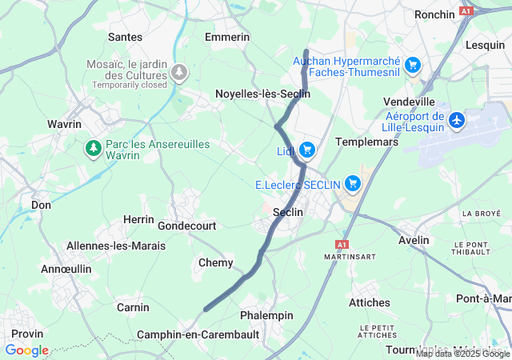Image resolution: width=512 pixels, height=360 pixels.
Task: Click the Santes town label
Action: (x=125, y=37)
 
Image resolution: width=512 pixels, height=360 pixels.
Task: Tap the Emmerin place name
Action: (x=227, y=37)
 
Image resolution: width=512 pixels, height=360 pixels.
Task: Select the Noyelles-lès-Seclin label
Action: (x=262, y=94)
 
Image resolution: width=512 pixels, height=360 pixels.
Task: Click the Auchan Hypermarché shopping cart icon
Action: (x=413, y=65)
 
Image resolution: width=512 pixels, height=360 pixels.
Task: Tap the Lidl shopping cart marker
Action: (x=307, y=150)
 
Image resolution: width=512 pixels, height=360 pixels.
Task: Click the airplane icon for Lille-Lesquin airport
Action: (x=457, y=120)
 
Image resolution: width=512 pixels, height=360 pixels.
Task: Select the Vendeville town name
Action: (x=409, y=102)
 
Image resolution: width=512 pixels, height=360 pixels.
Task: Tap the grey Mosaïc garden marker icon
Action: (x=180, y=73)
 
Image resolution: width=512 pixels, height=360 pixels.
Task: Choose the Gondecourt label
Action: (x=187, y=226)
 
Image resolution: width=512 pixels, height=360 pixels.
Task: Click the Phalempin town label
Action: (x=267, y=315)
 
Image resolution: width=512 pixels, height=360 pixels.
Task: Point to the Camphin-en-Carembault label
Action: (x=198, y=334)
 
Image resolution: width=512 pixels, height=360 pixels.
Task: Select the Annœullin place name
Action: (x=66, y=269)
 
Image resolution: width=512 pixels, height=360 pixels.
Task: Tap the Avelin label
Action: (x=414, y=240)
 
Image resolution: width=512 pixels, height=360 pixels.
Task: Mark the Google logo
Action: (x=26, y=350)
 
